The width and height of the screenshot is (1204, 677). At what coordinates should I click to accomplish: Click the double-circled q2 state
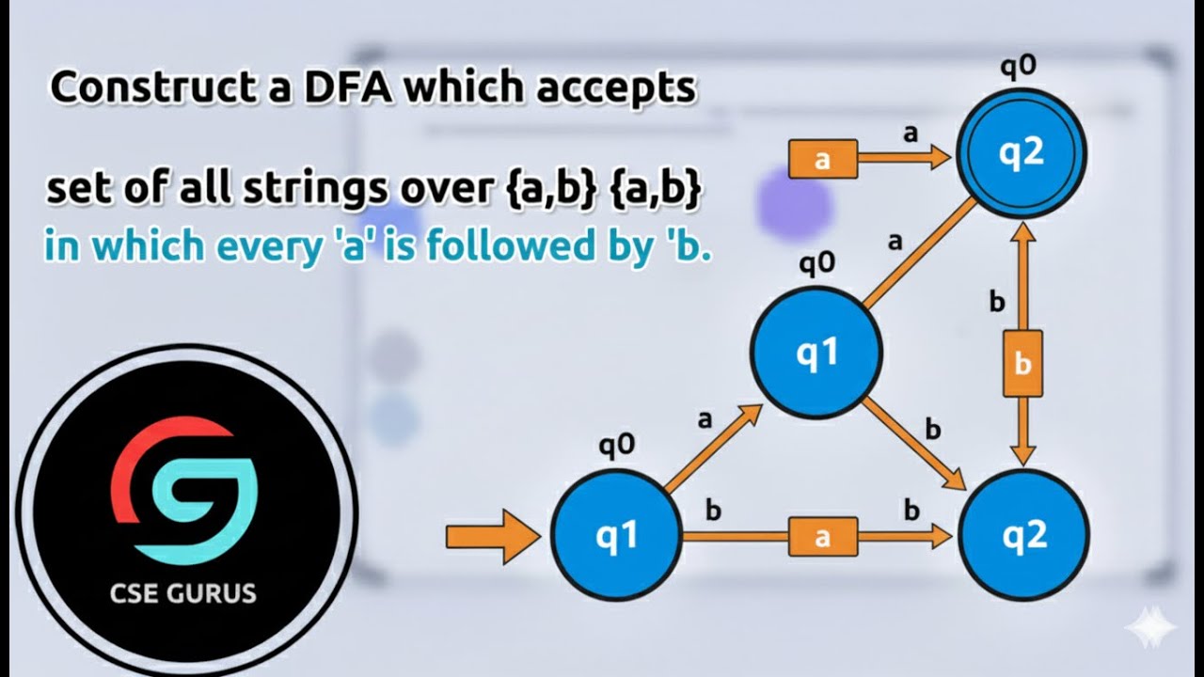tap(1021, 153)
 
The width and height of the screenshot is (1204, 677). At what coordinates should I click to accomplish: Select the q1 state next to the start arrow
tap(616, 535)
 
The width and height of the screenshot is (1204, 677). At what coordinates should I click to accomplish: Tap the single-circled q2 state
tap(1024, 535)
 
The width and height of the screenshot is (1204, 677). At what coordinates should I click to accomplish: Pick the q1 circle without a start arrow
tap(816, 353)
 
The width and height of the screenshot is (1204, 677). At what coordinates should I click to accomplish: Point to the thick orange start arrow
tap(493, 537)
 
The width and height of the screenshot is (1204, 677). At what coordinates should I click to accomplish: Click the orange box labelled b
tap(1022, 364)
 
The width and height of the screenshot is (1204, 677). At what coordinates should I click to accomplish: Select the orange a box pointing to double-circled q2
tap(823, 159)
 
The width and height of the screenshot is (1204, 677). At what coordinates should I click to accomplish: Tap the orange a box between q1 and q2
tap(823, 537)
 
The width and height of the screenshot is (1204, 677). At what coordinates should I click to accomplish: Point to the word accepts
tap(615, 89)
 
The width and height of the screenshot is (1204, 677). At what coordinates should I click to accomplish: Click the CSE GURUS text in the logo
tap(182, 593)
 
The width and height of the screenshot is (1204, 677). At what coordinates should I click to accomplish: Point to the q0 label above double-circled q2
tap(1018, 67)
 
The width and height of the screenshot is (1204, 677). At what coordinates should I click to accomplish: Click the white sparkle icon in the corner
tap(1150, 626)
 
